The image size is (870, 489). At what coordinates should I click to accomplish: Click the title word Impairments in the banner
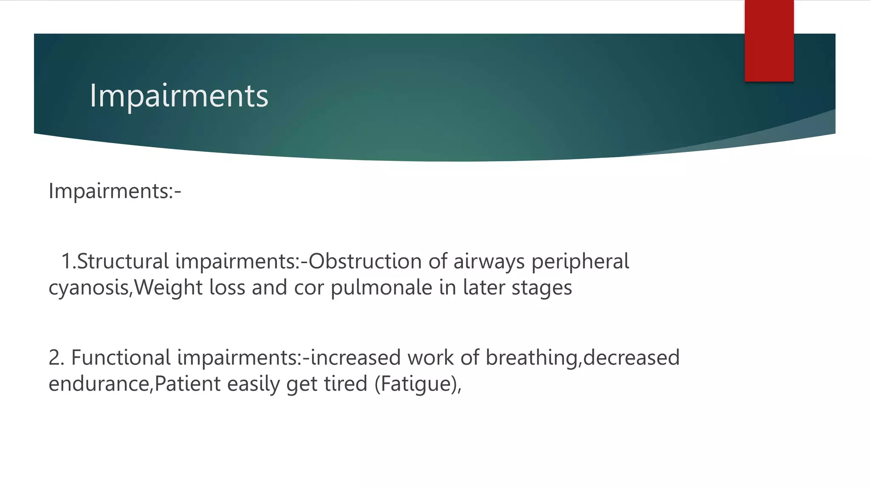pos(179,96)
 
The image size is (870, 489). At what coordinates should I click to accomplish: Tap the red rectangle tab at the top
pos(769,41)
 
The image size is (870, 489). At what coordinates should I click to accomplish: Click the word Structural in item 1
pos(123,261)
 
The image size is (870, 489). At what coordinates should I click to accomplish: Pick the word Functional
pos(121,357)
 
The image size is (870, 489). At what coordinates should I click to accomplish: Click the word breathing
pos(531,357)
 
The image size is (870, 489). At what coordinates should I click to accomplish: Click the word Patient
pos(187,384)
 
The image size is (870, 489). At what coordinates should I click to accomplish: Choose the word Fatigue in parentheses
pos(416,384)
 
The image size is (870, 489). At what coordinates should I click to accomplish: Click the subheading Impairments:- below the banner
pos(115,191)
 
